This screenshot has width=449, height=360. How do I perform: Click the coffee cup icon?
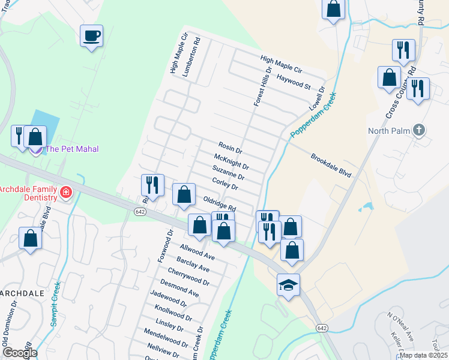tap(91, 36)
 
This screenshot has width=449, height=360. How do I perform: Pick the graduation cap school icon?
tap(288, 285)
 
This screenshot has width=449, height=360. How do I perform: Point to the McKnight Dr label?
tap(231, 161)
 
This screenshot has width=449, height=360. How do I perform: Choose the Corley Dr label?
tap(225, 184)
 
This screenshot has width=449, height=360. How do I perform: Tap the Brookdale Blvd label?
tap(330, 165)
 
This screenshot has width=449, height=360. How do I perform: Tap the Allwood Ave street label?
tap(197, 251)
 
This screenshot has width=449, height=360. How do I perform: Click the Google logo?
tap(19, 353)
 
